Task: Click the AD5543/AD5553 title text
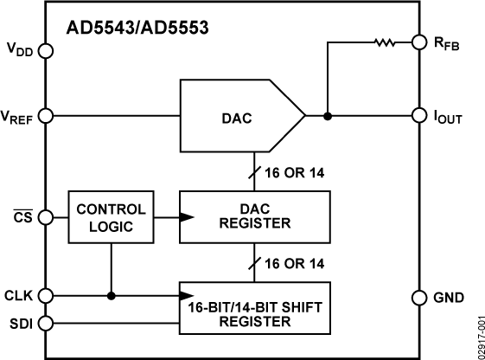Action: point(137,28)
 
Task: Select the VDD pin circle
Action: point(46,51)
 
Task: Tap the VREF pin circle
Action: point(46,114)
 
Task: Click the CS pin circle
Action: point(46,216)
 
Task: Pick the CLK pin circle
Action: point(46,295)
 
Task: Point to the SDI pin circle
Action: point(46,324)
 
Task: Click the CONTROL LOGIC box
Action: point(112,216)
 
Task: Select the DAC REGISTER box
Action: point(254,216)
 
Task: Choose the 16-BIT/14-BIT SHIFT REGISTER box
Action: point(254,308)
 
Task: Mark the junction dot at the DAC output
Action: point(328,114)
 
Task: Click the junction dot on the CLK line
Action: point(112,295)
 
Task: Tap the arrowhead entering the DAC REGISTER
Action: point(184,216)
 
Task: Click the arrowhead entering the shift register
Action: point(184,295)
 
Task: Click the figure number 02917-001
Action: point(475,333)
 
